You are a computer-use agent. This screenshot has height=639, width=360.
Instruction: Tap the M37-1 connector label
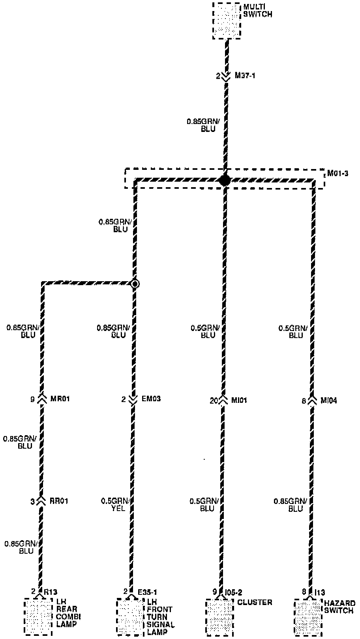pos(245,75)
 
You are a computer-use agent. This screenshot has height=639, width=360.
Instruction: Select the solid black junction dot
pos(225,180)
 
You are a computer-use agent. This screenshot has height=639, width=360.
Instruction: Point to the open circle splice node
pos(135,284)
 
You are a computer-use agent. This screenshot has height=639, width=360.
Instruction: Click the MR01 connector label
pos(60,399)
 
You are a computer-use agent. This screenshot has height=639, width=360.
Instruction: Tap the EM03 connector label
pos(151,399)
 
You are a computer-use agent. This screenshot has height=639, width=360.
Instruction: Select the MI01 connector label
pos(240,400)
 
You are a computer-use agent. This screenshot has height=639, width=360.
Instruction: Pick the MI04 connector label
pos(328,400)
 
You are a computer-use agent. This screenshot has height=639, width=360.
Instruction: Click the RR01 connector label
pos(58,501)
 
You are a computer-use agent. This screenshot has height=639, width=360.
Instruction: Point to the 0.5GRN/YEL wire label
pos(116,505)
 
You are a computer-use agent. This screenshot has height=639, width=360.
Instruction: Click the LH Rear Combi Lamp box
pos(38,616)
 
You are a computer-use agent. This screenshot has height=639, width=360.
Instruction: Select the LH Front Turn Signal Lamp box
pos(131,616)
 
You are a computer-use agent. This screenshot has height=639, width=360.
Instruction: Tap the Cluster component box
pos(219,616)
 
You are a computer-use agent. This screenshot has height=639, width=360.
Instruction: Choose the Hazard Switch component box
pos(308,616)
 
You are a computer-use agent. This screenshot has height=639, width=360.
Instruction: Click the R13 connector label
pos(50,592)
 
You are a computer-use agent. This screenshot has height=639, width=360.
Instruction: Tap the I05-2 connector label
pos(234,592)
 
